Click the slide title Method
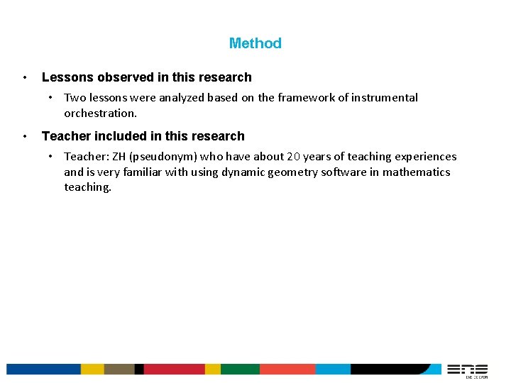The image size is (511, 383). coord(255,43)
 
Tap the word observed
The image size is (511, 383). coord(124,77)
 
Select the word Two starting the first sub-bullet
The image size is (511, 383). coord(75,98)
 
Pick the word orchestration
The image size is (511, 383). coord(100,113)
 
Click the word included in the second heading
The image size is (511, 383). coord(114,136)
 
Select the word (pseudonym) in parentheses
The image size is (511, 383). coord(164,157)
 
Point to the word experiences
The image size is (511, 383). coord(424,157)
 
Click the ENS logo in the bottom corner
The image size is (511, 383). coord(466,370)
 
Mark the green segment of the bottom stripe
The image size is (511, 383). coord(240,370)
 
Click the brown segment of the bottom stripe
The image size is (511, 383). coord(119,370)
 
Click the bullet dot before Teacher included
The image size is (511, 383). coord(25,136)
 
